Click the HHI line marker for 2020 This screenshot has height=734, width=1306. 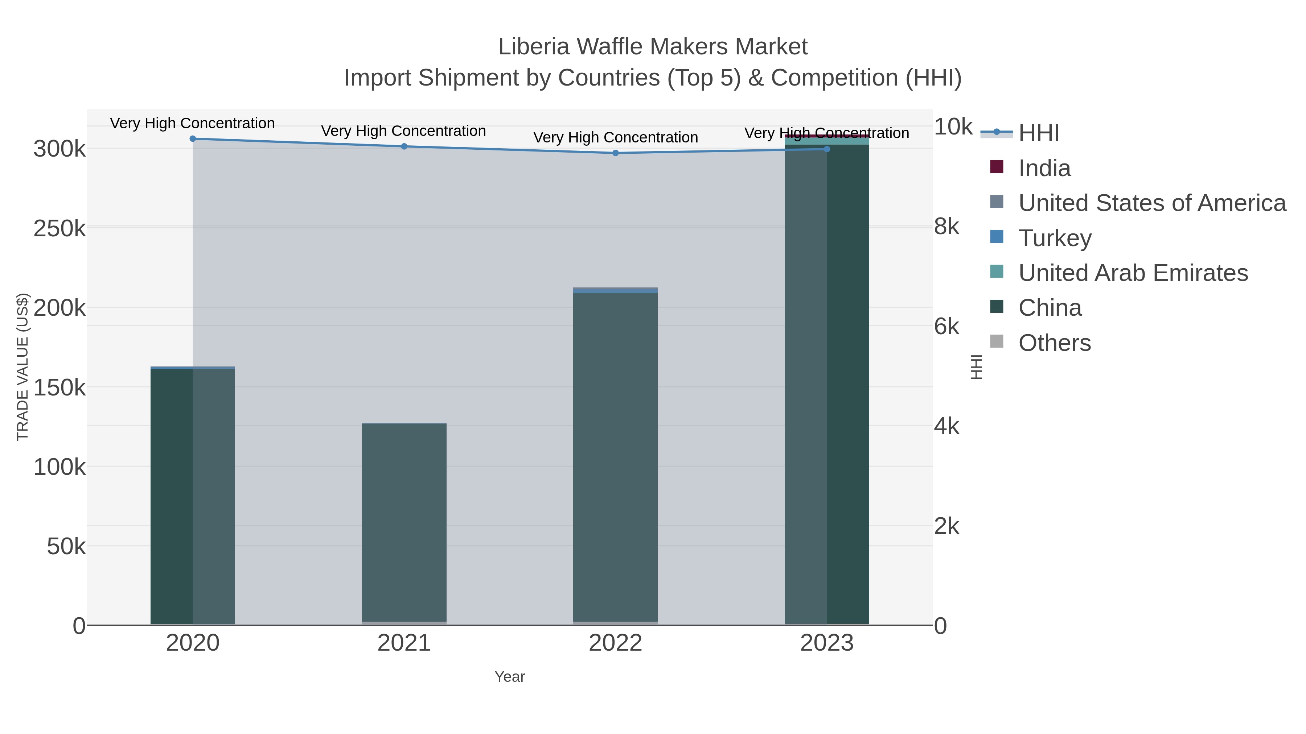[193, 139]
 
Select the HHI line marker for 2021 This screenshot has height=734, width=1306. [404, 146]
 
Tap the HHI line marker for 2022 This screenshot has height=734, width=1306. [616, 153]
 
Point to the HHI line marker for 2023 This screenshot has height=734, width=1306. [827, 149]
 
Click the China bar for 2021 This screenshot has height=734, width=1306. [404, 522]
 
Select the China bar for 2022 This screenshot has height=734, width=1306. [616, 456]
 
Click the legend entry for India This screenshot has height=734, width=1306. [1044, 168]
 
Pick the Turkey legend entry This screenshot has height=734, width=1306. [1055, 238]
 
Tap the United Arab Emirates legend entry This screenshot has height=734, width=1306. [1133, 273]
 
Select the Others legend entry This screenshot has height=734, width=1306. [1055, 343]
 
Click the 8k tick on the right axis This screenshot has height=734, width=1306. [946, 227]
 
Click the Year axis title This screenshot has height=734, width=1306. [510, 677]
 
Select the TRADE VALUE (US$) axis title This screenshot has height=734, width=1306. [23, 367]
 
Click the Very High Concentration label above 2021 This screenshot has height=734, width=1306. [403, 131]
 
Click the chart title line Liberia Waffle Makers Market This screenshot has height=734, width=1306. [653, 47]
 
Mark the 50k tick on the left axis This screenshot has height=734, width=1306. [66, 547]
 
